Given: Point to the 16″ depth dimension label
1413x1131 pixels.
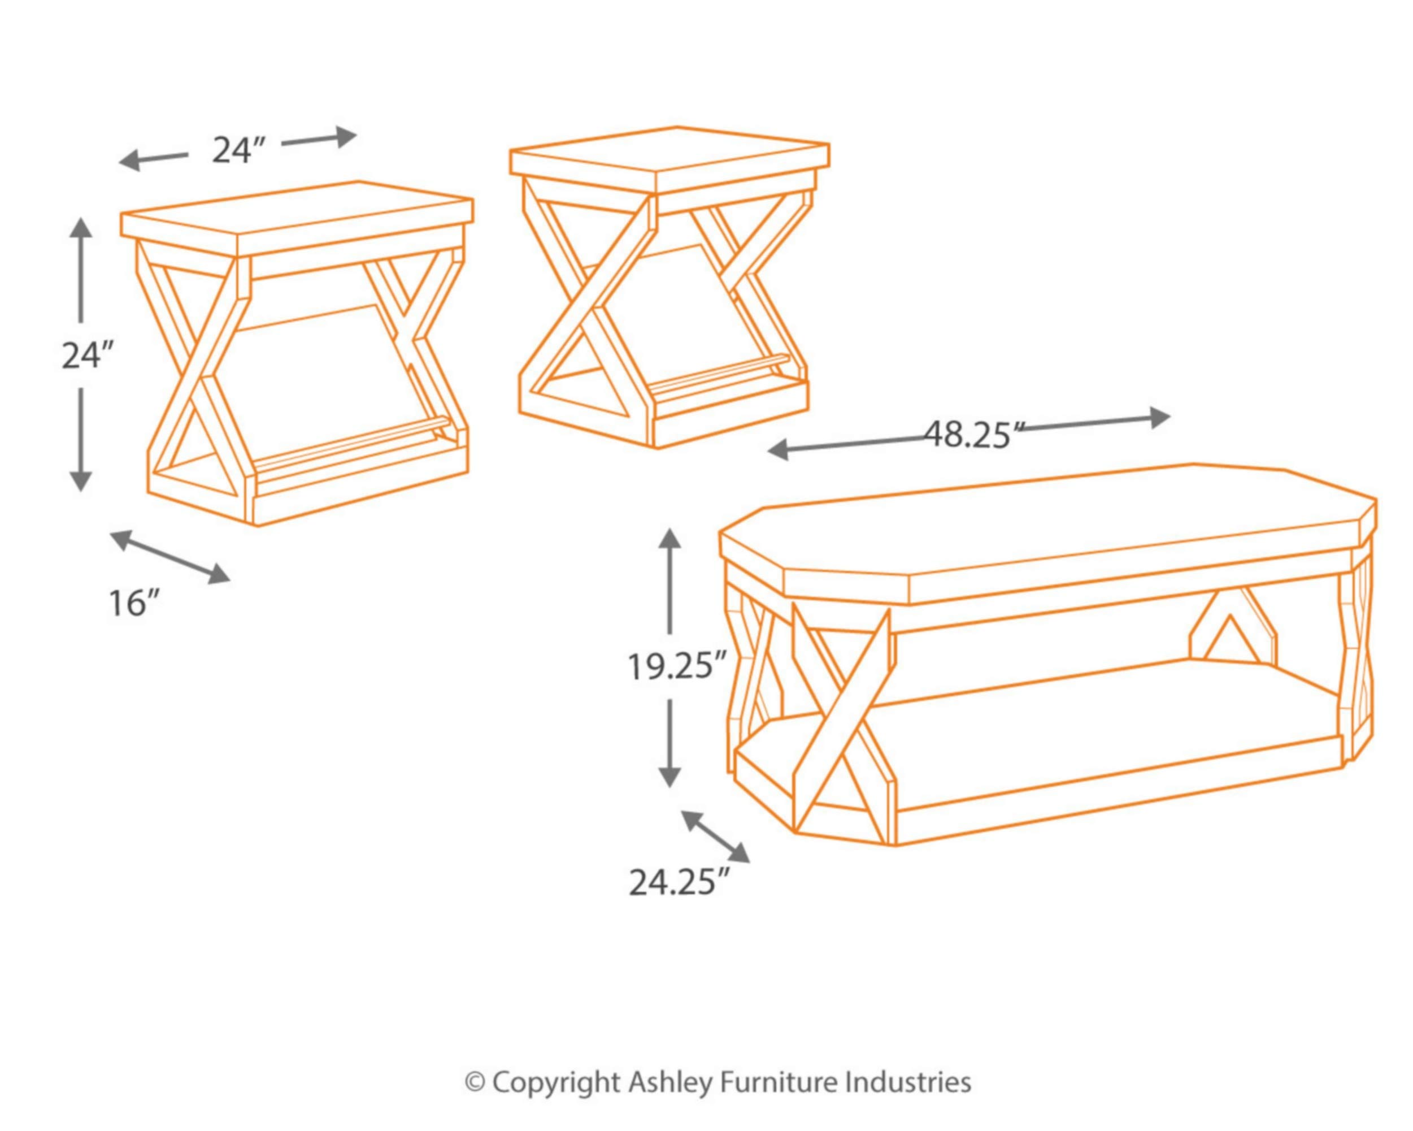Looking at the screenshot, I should point(134,603).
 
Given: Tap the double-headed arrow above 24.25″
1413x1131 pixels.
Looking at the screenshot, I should point(716,837).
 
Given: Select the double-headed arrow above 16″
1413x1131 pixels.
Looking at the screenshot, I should point(171,557).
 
